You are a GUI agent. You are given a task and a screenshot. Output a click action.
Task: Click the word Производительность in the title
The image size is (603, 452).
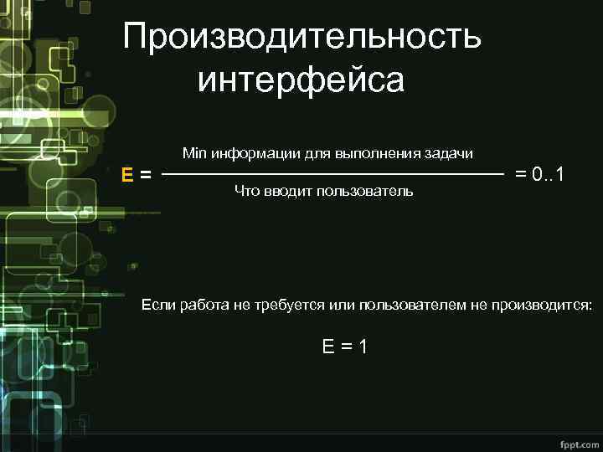point(301,38)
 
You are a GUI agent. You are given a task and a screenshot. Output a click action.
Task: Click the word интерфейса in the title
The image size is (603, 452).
point(301,81)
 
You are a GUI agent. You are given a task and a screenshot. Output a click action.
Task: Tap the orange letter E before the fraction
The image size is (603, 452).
point(127,175)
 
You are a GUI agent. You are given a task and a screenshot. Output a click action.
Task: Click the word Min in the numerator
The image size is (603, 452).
point(193,154)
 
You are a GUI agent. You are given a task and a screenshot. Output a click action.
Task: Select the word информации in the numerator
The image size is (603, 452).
point(250,154)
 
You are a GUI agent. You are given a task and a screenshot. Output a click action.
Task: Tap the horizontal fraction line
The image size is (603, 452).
point(332,175)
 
